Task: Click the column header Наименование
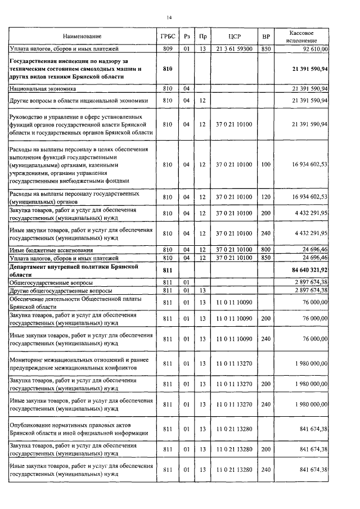[82, 37]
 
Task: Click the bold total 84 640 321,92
[310, 271]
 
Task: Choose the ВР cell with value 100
[265, 164]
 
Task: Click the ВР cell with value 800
[265, 249]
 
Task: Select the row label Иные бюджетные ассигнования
[51, 249]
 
